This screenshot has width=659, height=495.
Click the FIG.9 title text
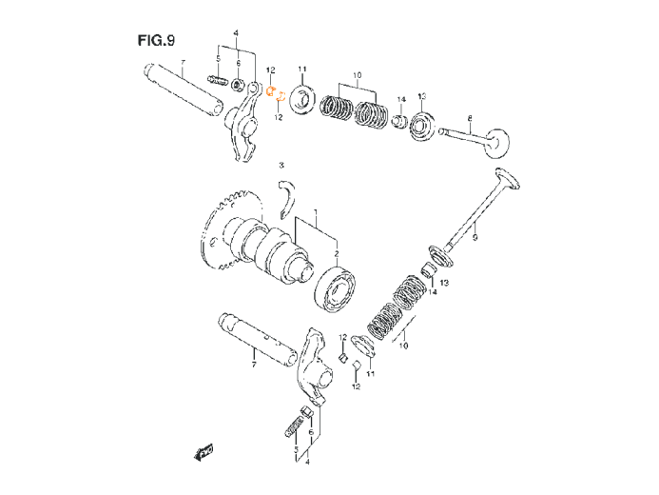[x=156, y=40]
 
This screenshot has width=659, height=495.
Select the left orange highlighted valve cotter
[x=271, y=91]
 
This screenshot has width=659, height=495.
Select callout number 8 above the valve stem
[x=470, y=118]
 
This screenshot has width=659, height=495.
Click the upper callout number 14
[x=401, y=100]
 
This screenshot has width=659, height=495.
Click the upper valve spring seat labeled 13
[x=421, y=125]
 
